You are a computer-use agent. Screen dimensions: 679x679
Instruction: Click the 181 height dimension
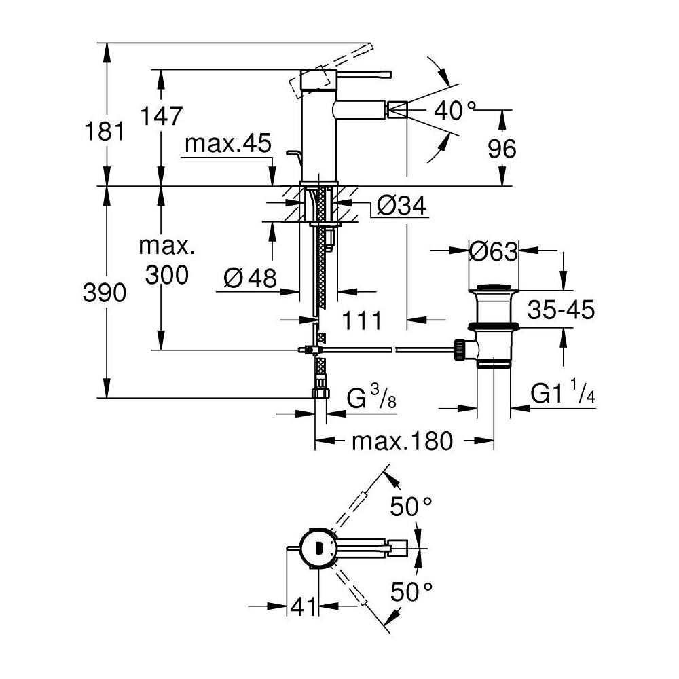105,131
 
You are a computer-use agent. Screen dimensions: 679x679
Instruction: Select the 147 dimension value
161,115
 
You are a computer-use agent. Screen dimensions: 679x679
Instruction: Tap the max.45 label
227,143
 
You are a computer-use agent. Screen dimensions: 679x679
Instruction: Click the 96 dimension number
502,149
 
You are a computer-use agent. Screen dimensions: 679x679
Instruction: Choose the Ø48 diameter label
251,278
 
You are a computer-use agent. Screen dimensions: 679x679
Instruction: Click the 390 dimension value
105,293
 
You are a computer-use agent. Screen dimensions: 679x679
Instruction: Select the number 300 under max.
167,275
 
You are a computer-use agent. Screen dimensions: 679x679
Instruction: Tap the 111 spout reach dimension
362,321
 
